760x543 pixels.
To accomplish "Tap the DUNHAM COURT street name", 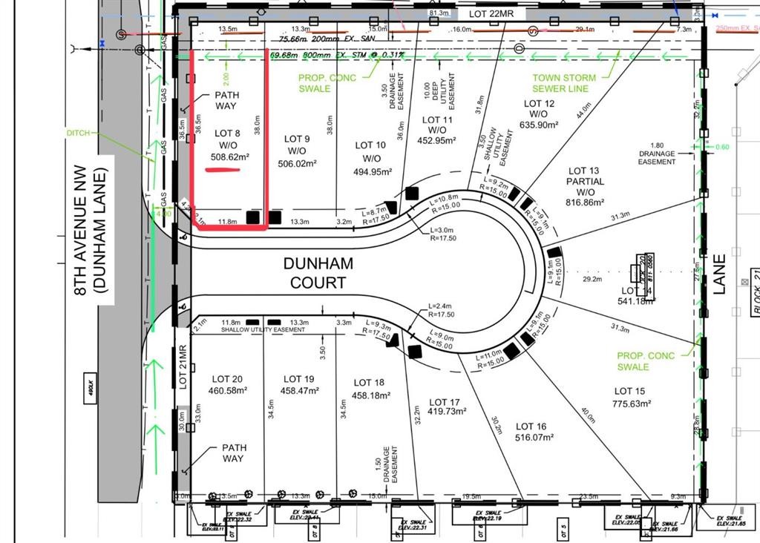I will click(x=318, y=273).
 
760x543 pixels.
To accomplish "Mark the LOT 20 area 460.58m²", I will click(x=226, y=391).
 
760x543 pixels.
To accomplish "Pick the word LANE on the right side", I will click(x=719, y=275).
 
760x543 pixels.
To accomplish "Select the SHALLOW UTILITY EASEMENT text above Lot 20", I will click(x=263, y=329).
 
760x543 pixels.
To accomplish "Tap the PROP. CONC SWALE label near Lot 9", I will click(x=327, y=83).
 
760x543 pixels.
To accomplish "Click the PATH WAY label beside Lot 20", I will click(x=233, y=452).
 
